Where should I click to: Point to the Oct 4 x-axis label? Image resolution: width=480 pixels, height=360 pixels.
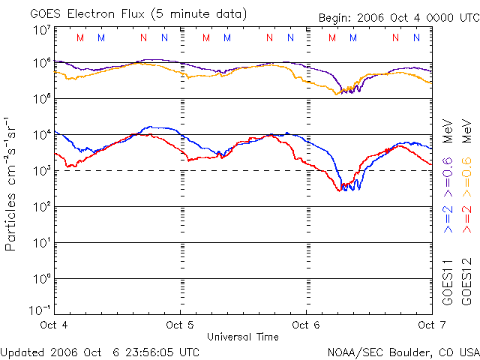[54, 325]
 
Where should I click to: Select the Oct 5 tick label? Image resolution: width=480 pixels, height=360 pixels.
[180, 325]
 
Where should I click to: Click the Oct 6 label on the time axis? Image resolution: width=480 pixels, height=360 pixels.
[306, 325]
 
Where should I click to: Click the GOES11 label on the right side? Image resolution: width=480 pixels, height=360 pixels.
[448, 282]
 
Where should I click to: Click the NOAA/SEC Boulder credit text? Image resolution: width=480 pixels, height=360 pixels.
[403, 351]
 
